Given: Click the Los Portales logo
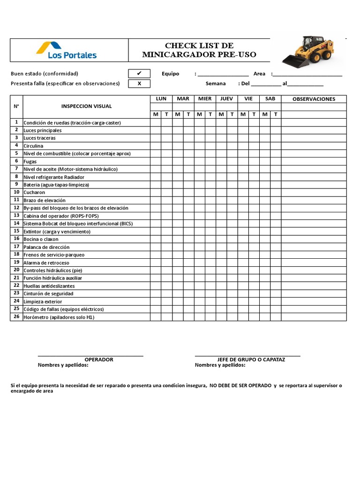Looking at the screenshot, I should [x=66, y=50].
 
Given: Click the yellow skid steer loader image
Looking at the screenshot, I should [x=308, y=50].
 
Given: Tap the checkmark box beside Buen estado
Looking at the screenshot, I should [x=139, y=74].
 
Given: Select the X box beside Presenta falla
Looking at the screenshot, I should [x=139, y=84].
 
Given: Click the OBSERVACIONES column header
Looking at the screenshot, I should [x=314, y=99].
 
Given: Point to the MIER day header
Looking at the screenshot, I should [x=205, y=99].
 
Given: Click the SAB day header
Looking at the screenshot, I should [x=270, y=99].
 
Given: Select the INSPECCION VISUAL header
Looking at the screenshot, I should [x=86, y=106].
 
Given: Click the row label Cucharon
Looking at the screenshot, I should [x=35, y=193].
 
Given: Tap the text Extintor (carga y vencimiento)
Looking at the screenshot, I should [x=57, y=232].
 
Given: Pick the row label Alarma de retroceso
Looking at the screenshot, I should [x=46, y=262].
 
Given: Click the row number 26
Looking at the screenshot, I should [x=16, y=317].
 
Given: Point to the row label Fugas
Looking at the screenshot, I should [x=30, y=161].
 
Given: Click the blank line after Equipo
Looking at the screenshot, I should [x=223, y=74].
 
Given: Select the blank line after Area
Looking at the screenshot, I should [x=307, y=74].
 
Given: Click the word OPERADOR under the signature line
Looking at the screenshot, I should [x=99, y=360].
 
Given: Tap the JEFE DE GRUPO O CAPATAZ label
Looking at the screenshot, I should [x=251, y=360].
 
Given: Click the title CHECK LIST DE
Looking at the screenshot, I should [x=199, y=45].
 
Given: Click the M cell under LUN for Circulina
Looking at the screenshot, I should [x=156, y=146].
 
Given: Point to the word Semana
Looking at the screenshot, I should [x=216, y=84].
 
